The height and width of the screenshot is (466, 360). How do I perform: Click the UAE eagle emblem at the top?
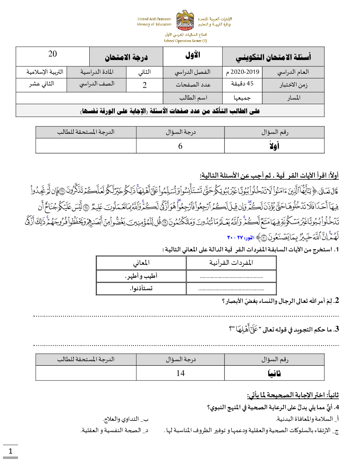pos(185,20)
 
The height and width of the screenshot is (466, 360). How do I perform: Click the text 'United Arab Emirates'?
pos(154,19)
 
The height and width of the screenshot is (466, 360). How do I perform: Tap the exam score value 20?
pos(53,54)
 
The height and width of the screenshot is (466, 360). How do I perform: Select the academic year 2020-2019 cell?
pos(242,72)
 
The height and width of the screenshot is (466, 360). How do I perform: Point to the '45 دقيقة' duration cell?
pos(242,84)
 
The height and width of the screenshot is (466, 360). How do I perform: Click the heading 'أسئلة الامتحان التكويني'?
pos(273,57)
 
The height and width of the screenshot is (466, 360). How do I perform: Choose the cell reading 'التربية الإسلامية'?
pos(45,72)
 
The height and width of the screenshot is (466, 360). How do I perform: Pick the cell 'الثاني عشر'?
pos(41,84)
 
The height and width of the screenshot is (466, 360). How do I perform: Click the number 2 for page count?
pos(145,85)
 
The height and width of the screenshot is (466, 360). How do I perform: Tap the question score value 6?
pos(180,146)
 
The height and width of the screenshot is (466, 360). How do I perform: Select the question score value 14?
pos(180,373)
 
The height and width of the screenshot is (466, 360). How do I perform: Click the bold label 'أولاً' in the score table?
pos(274,146)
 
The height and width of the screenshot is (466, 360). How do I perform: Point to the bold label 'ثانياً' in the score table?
pos(274,373)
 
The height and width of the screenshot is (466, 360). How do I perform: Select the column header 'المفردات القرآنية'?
pos(231,263)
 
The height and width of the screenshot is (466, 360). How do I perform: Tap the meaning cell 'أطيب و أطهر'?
pos(141,276)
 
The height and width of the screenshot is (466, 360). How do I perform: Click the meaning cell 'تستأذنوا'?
pos(141,288)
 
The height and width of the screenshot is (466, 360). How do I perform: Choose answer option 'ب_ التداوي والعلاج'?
pos(125,419)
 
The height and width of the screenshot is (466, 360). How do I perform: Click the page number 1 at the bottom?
pos(11,451)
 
